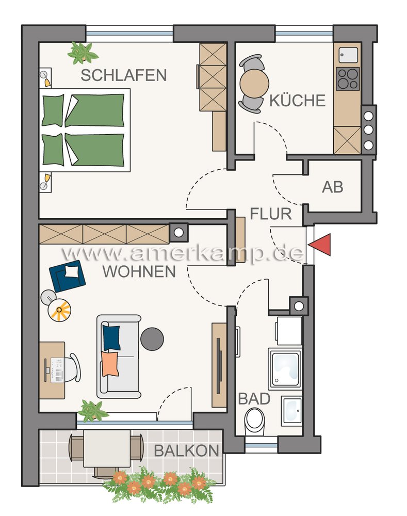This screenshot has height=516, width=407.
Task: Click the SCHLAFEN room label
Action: pos(124,75)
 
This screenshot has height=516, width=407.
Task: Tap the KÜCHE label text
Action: pos(298,101)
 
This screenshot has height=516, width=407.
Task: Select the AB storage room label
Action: pos(333,187)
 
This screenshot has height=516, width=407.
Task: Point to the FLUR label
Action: pos(271,214)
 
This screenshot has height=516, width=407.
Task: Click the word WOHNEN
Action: pos(139,271)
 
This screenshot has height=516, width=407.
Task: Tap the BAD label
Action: pos(254,399)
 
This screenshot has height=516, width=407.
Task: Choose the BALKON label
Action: pos(187,450)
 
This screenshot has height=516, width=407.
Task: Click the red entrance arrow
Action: pos(319,245)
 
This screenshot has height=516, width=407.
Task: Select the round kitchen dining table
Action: pos(254,84)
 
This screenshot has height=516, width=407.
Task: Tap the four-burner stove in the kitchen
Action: pos(348,79)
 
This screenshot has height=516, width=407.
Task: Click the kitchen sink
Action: pos(348,55)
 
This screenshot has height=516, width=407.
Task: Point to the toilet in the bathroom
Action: pos(254,420)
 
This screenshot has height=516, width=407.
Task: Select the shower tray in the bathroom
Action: pos(285,368)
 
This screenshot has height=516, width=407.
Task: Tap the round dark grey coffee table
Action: pos(152,339)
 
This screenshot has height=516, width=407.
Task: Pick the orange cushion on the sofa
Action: pos(110,364)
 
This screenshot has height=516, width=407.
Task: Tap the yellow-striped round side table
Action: pos(59,310)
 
